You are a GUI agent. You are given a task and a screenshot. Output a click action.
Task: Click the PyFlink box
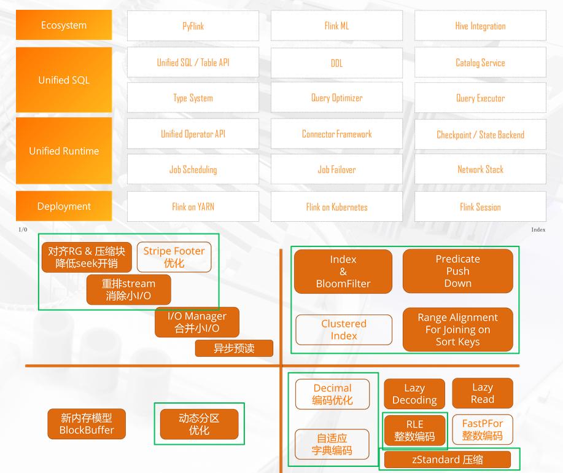pyautogui.click(x=193, y=26)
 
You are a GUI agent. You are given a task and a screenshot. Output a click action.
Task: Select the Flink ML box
pyautogui.click(x=336, y=26)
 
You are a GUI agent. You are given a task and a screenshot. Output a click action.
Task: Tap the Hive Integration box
pyautogui.click(x=480, y=26)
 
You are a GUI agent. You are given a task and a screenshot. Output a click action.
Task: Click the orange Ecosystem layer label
pyautogui.click(x=64, y=25)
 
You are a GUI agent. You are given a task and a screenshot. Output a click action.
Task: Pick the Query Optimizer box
pyautogui.click(x=336, y=98)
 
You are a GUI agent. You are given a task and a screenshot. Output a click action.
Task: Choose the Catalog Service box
pyautogui.click(x=480, y=63)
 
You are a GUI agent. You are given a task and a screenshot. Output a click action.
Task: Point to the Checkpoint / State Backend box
pyautogui.click(x=480, y=135)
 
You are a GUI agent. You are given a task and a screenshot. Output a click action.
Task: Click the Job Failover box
pyautogui.click(x=336, y=170)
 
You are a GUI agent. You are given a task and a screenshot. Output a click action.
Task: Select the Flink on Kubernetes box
pyautogui.click(x=336, y=207)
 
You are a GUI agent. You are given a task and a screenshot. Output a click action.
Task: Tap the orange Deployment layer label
pyautogui.click(x=64, y=206)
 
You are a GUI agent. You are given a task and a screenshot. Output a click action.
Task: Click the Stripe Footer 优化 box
pyautogui.click(x=174, y=257)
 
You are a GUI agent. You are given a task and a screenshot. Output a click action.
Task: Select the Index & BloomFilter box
pyautogui.click(x=343, y=272)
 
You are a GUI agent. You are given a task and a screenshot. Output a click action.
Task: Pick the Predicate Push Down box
pyautogui.click(x=457, y=271)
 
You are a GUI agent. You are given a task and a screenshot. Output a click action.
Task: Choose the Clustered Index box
pyautogui.click(x=343, y=330)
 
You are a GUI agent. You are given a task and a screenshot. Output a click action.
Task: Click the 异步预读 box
pyautogui.click(x=234, y=348)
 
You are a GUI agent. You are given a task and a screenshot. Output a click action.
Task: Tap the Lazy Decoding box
pyautogui.click(x=414, y=394)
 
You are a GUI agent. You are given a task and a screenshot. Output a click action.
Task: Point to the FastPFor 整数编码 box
pyautogui.click(x=482, y=429)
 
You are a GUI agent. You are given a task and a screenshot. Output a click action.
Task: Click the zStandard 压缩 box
pyautogui.click(x=447, y=459)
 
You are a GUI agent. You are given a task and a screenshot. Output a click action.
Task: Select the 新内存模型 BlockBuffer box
pyautogui.click(x=87, y=424)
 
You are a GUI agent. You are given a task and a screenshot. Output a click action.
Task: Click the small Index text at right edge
pyautogui.click(x=538, y=230)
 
